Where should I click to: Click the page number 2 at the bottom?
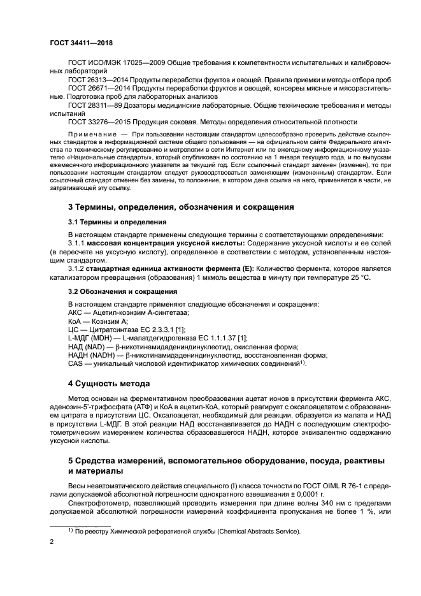click(52, 542)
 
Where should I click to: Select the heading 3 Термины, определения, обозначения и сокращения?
click(181, 207)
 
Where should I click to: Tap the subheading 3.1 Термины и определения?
click(117, 222)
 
